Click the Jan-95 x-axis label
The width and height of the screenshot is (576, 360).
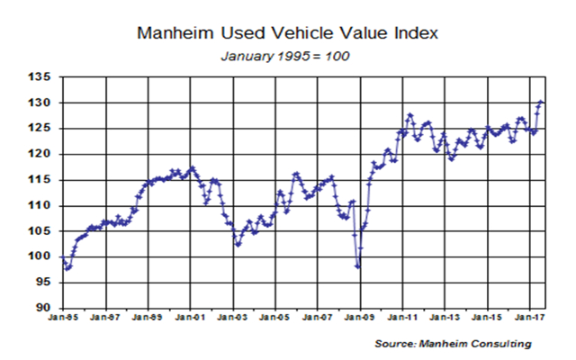pos(63,319)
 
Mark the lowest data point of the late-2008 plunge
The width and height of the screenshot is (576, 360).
pos(358,266)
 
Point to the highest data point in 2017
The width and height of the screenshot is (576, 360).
pos(541,102)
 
